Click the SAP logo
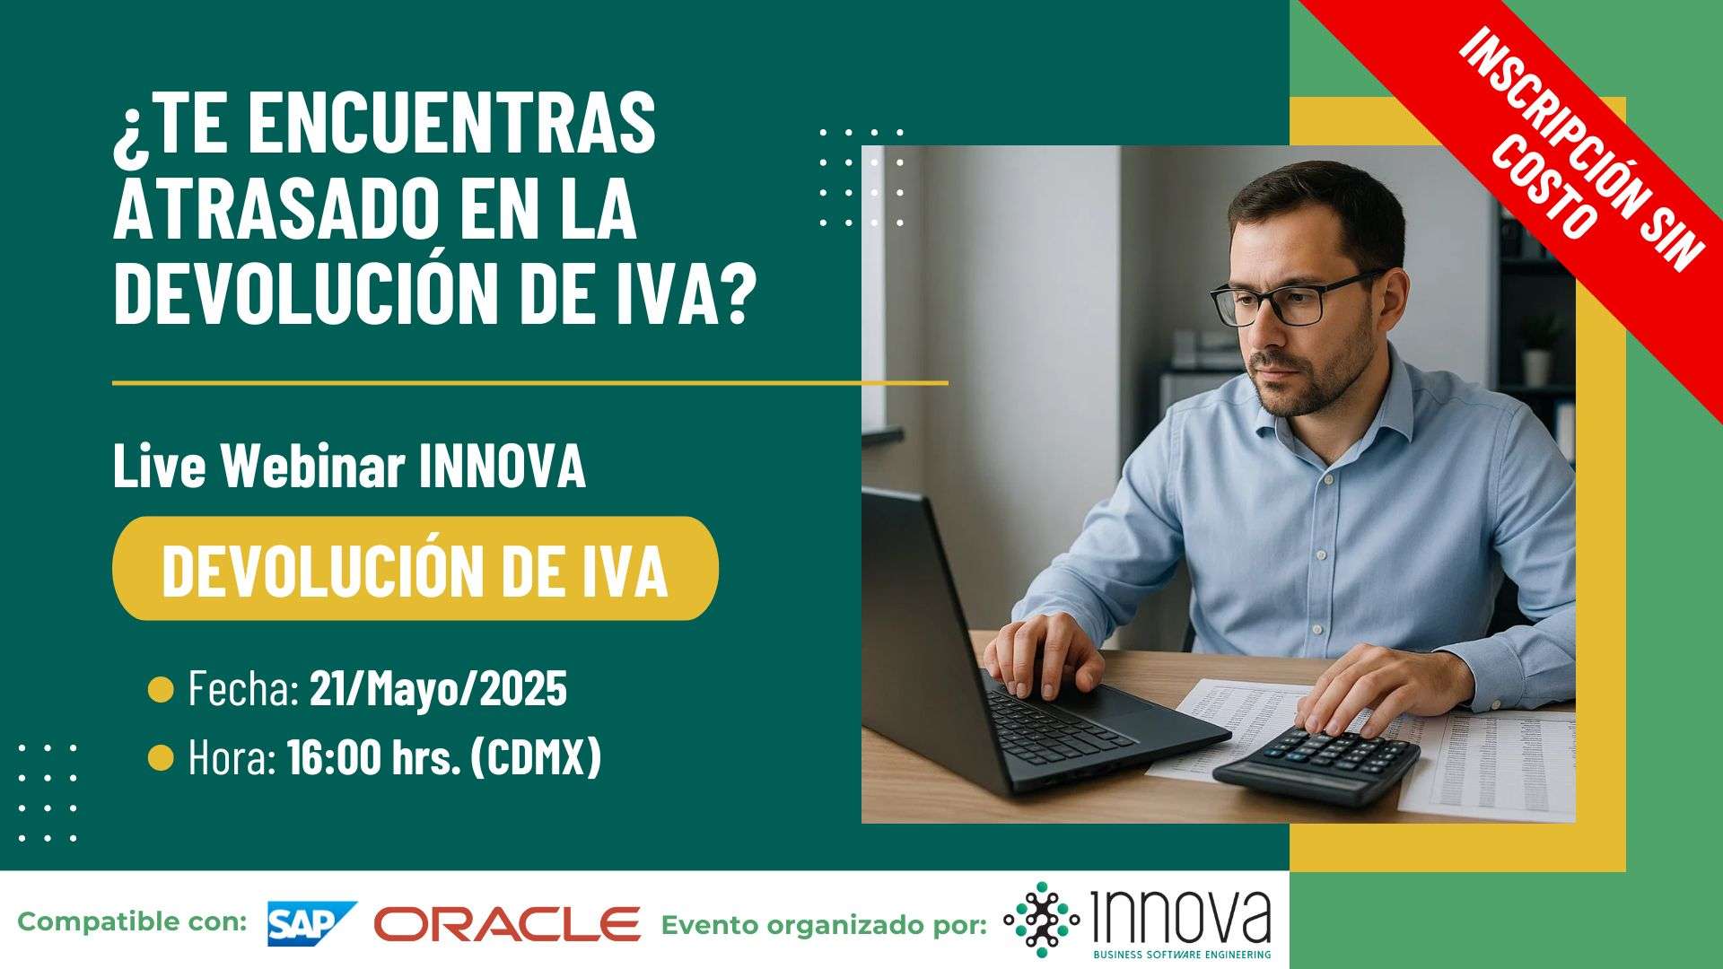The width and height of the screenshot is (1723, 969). (x=311, y=923)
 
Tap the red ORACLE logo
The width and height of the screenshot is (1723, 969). (x=507, y=924)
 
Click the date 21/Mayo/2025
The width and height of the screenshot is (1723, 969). (x=438, y=689)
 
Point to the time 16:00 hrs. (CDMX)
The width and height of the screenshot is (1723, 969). (x=444, y=758)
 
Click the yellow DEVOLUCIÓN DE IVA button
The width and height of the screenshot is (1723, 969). (x=415, y=568)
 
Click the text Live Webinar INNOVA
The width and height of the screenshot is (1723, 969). (x=349, y=467)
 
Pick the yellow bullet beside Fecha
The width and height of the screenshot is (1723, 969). (x=161, y=690)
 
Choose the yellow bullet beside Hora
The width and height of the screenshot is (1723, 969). (x=161, y=758)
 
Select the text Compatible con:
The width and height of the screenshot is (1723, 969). (x=132, y=921)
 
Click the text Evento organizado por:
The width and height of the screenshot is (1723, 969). (x=824, y=925)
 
